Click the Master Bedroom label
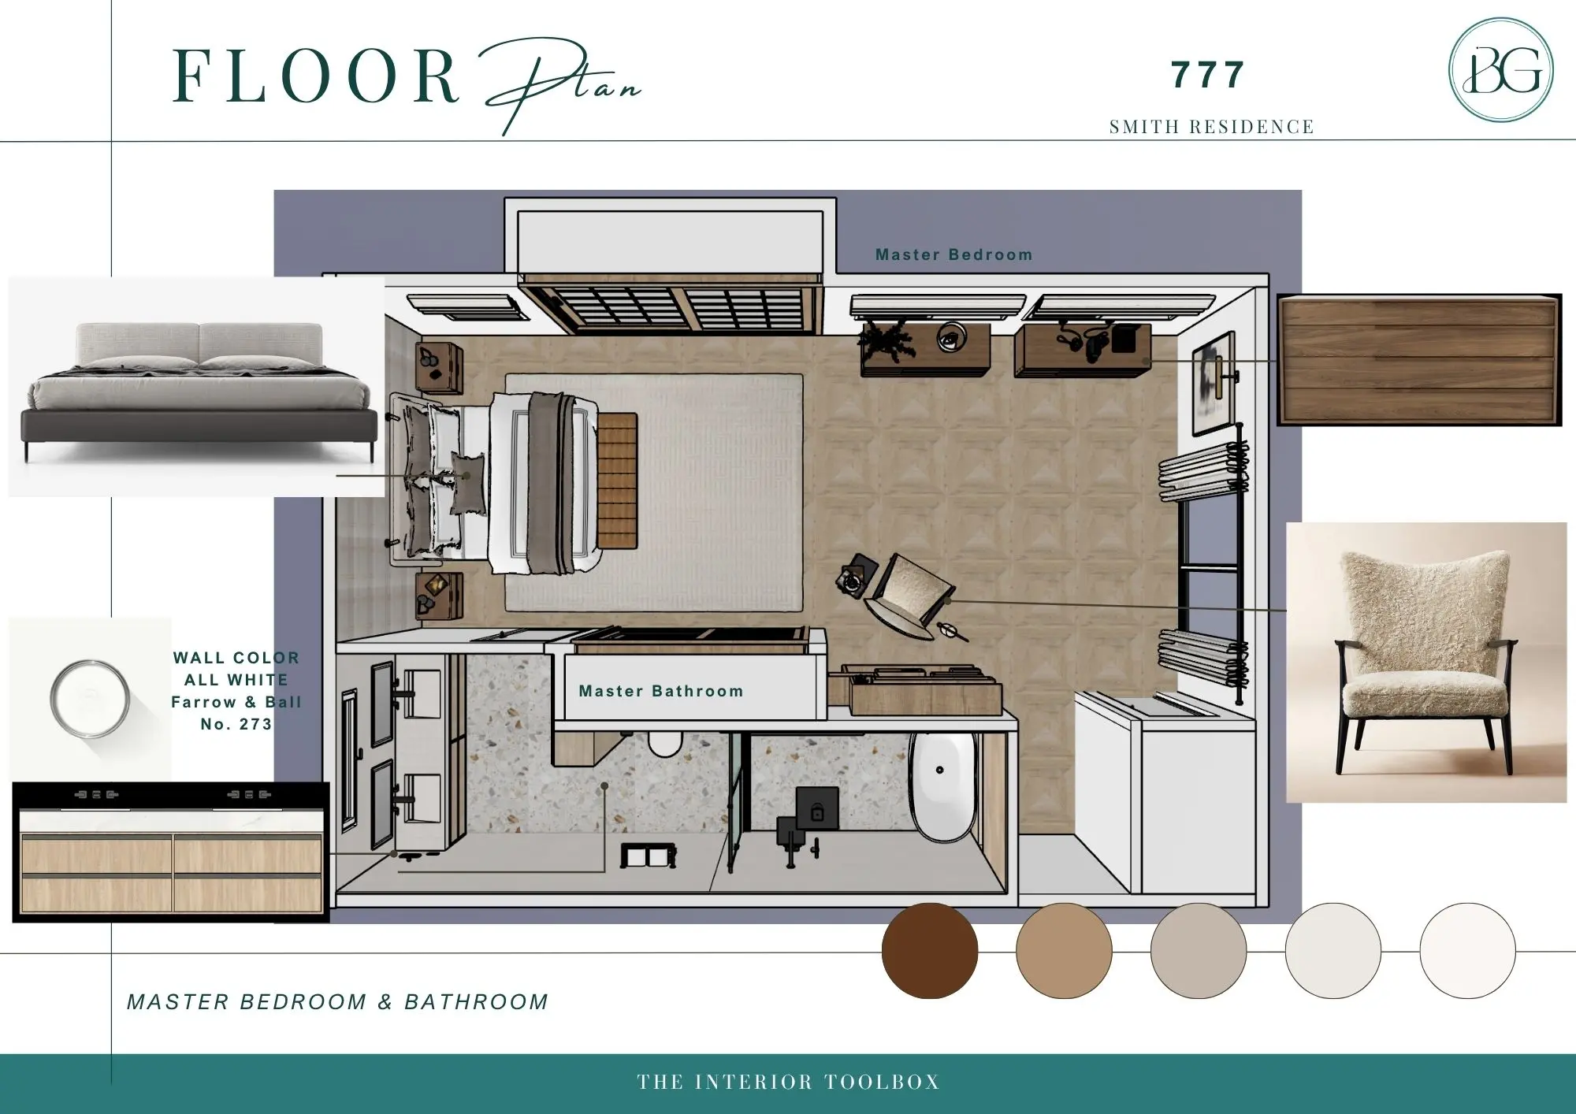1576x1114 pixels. point(953,254)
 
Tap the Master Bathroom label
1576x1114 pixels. point(661,691)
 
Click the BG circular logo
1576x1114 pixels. point(1501,70)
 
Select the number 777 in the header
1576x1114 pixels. point(1207,75)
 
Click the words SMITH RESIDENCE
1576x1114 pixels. point(1212,127)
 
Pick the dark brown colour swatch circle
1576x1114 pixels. point(930,951)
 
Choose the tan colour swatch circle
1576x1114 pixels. point(1064,951)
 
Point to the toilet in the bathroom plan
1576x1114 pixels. point(664,743)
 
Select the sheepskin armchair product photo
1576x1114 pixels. point(1426,663)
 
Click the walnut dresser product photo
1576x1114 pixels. point(1418,360)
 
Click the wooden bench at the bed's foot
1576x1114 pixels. point(617,481)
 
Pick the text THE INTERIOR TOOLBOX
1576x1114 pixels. point(789,1082)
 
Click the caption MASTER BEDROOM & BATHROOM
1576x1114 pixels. point(337,1002)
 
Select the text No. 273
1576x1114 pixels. point(236,724)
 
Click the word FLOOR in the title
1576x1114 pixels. point(315,76)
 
